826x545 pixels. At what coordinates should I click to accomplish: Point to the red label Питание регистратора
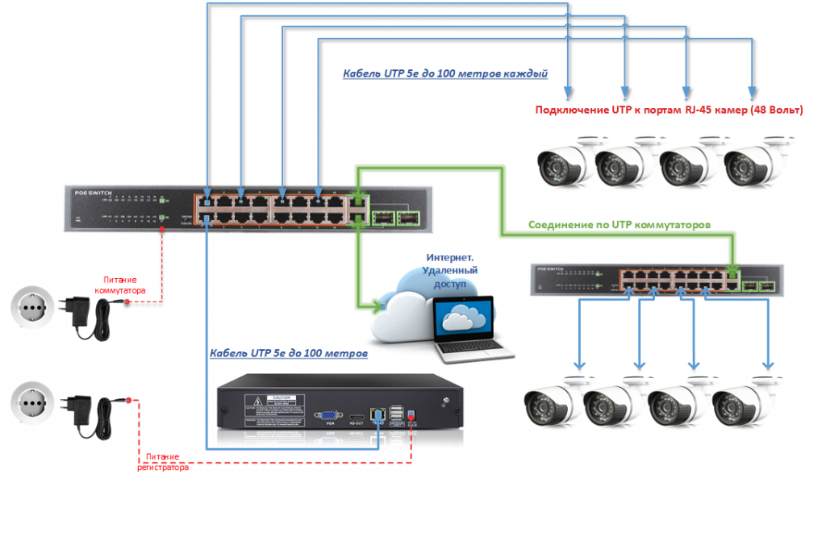point(165,462)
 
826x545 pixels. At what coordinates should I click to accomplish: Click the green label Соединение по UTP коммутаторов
point(619,225)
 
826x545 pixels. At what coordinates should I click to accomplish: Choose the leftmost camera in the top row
point(563,161)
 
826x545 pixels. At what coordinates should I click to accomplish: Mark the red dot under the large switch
point(162,229)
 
